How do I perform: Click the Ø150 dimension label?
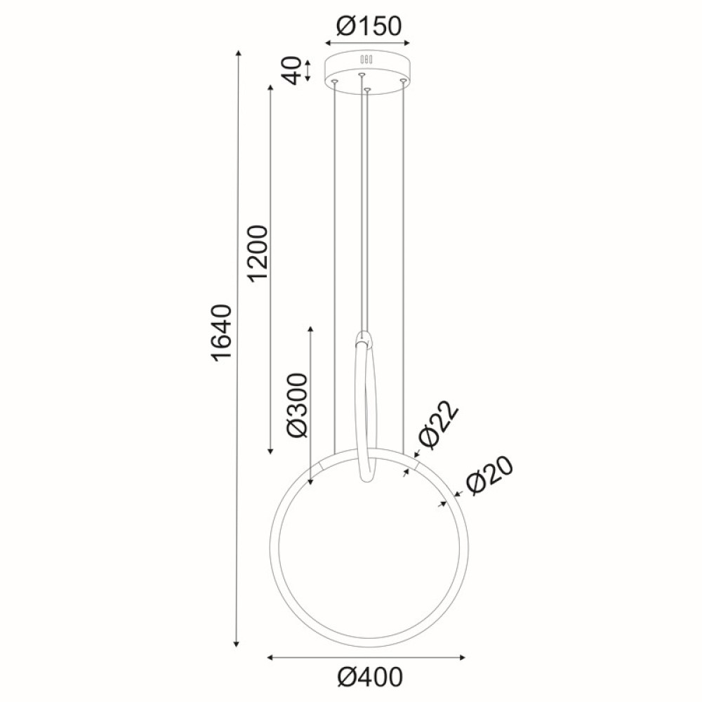tap(369, 27)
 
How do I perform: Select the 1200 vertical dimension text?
tap(258, 253)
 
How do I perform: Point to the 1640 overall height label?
tap(220, 333)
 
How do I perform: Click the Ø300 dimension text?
tap(298, 406)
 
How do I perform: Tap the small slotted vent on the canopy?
tap(366, 59)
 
